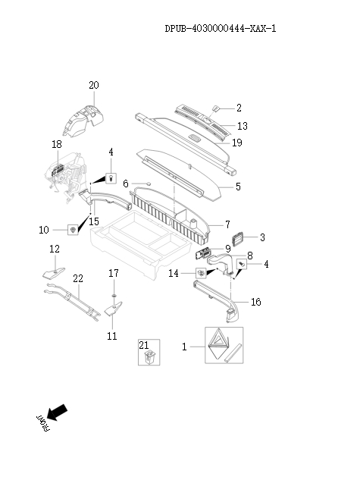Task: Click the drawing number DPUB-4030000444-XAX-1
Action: tap(219, 30)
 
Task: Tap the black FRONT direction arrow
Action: tap(55, 413)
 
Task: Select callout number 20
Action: tap(93, 86)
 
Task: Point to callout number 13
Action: tap(242, 125)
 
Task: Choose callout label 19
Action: tap(236, 142)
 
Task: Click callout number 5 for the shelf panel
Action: tap(238, 186)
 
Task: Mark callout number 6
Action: tap(126, 184)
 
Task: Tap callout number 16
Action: tap(255, 302)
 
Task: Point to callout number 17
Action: tap(113, 273)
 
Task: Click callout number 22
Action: tap(77, 280)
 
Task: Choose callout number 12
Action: tap(54, 249)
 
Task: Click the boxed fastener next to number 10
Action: tap(73, 229)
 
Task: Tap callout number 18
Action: tap(57, 144)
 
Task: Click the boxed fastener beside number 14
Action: tap(201, 272)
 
